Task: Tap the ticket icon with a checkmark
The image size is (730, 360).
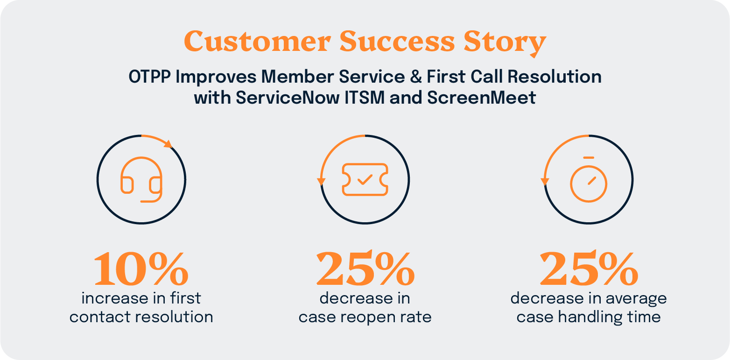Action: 365,179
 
